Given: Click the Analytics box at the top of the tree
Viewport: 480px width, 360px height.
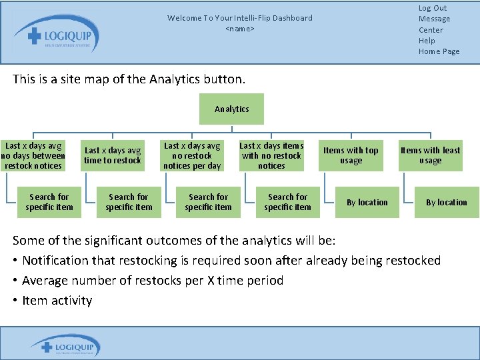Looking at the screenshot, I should click(x=231, y=109).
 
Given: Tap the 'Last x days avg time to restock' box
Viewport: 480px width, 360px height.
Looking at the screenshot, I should click(x=113, y=155).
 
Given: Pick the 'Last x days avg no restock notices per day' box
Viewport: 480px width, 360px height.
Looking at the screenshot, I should click(x=192, y=155).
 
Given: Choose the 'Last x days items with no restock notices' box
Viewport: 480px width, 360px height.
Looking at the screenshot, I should click(x=271, y=155).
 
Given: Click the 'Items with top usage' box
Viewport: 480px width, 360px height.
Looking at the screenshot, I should click(x=351, y=155).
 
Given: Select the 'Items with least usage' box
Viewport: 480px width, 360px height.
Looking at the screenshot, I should click(x=430, y=155).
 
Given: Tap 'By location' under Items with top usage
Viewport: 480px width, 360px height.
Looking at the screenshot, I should click(x=367, y=202).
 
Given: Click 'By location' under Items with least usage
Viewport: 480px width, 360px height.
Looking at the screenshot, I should click(x=447, y=202).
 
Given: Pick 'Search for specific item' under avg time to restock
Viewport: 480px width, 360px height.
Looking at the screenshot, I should click(x=129, y=202).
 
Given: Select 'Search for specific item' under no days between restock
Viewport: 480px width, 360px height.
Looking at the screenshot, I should click(x=49, y=202).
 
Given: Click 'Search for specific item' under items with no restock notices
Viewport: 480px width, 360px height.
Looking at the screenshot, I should click(x=287, y=202).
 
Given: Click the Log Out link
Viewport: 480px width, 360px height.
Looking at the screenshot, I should click(x=433, y=8).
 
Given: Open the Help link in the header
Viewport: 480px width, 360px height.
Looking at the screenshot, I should click(x=427, y=41).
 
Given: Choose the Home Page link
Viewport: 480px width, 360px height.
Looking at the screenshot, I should click(x=439, y=51).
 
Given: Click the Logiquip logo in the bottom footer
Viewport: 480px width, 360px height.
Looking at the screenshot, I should click(x=65, y=347).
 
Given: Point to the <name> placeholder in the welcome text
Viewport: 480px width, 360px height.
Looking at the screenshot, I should click(x=240, y=29).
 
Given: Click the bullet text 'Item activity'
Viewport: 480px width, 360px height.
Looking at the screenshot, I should click(x=57, y=301).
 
